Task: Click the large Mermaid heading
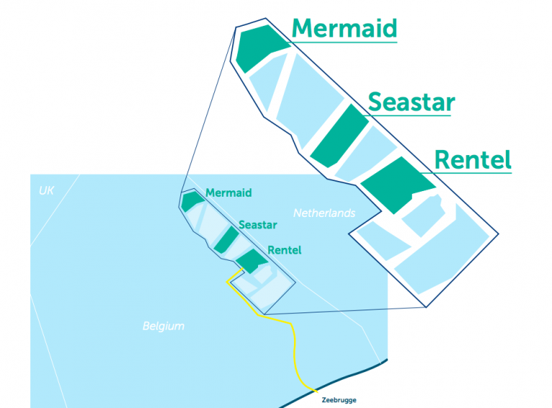[344, 28]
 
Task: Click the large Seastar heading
[412, 102]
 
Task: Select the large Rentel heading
[473, 159]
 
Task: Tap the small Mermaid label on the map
[229, 193]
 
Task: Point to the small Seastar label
[258, 225]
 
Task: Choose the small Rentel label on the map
[285, 250]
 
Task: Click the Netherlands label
[324, 213]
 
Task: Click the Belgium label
[163, 326]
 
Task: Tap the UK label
[46, 190]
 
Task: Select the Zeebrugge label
[339, 400]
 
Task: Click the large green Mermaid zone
[261, 47]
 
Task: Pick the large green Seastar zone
[339, 136]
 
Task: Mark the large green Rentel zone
[397, 185]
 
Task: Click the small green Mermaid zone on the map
[192, 201]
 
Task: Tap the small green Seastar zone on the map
[226, 240]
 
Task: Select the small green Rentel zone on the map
[252, 261]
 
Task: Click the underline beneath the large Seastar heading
[407, 116]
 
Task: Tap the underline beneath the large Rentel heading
[466, 172]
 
